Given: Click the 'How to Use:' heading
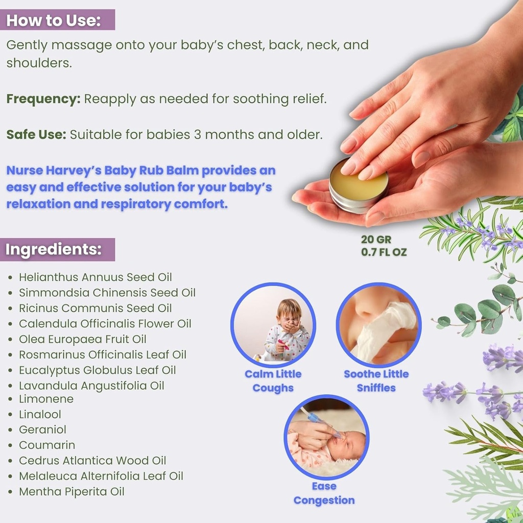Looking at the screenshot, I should tap(54, 20).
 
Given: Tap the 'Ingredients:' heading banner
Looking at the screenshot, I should tap(54, 250).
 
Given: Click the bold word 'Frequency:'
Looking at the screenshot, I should tap(43, 99).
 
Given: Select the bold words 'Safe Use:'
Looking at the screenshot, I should tap(36, 135).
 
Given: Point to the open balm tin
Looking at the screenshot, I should tap(358, 187).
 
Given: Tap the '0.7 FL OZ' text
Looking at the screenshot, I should tap(384, 252).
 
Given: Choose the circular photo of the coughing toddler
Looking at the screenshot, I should tap(273, 326).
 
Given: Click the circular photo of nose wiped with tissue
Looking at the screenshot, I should tap(378, 326).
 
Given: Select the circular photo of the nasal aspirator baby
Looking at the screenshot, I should tap(326, 437).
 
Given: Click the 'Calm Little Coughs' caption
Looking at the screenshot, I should tap(273, 381).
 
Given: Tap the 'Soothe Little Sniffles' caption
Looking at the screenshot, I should tap(376, 381).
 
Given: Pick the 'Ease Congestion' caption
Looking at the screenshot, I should tap(324, 493).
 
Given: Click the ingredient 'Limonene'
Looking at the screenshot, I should tap(46, 399).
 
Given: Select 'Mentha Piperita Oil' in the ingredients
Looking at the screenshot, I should tap(72, 491).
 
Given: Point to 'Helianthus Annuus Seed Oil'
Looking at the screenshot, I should tap(96, 277).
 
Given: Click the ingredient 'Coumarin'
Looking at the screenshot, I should tap(47, 445).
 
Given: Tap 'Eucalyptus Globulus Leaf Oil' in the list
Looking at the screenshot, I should tap(98, 370).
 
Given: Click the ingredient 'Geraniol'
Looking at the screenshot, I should tap(43, 430).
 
